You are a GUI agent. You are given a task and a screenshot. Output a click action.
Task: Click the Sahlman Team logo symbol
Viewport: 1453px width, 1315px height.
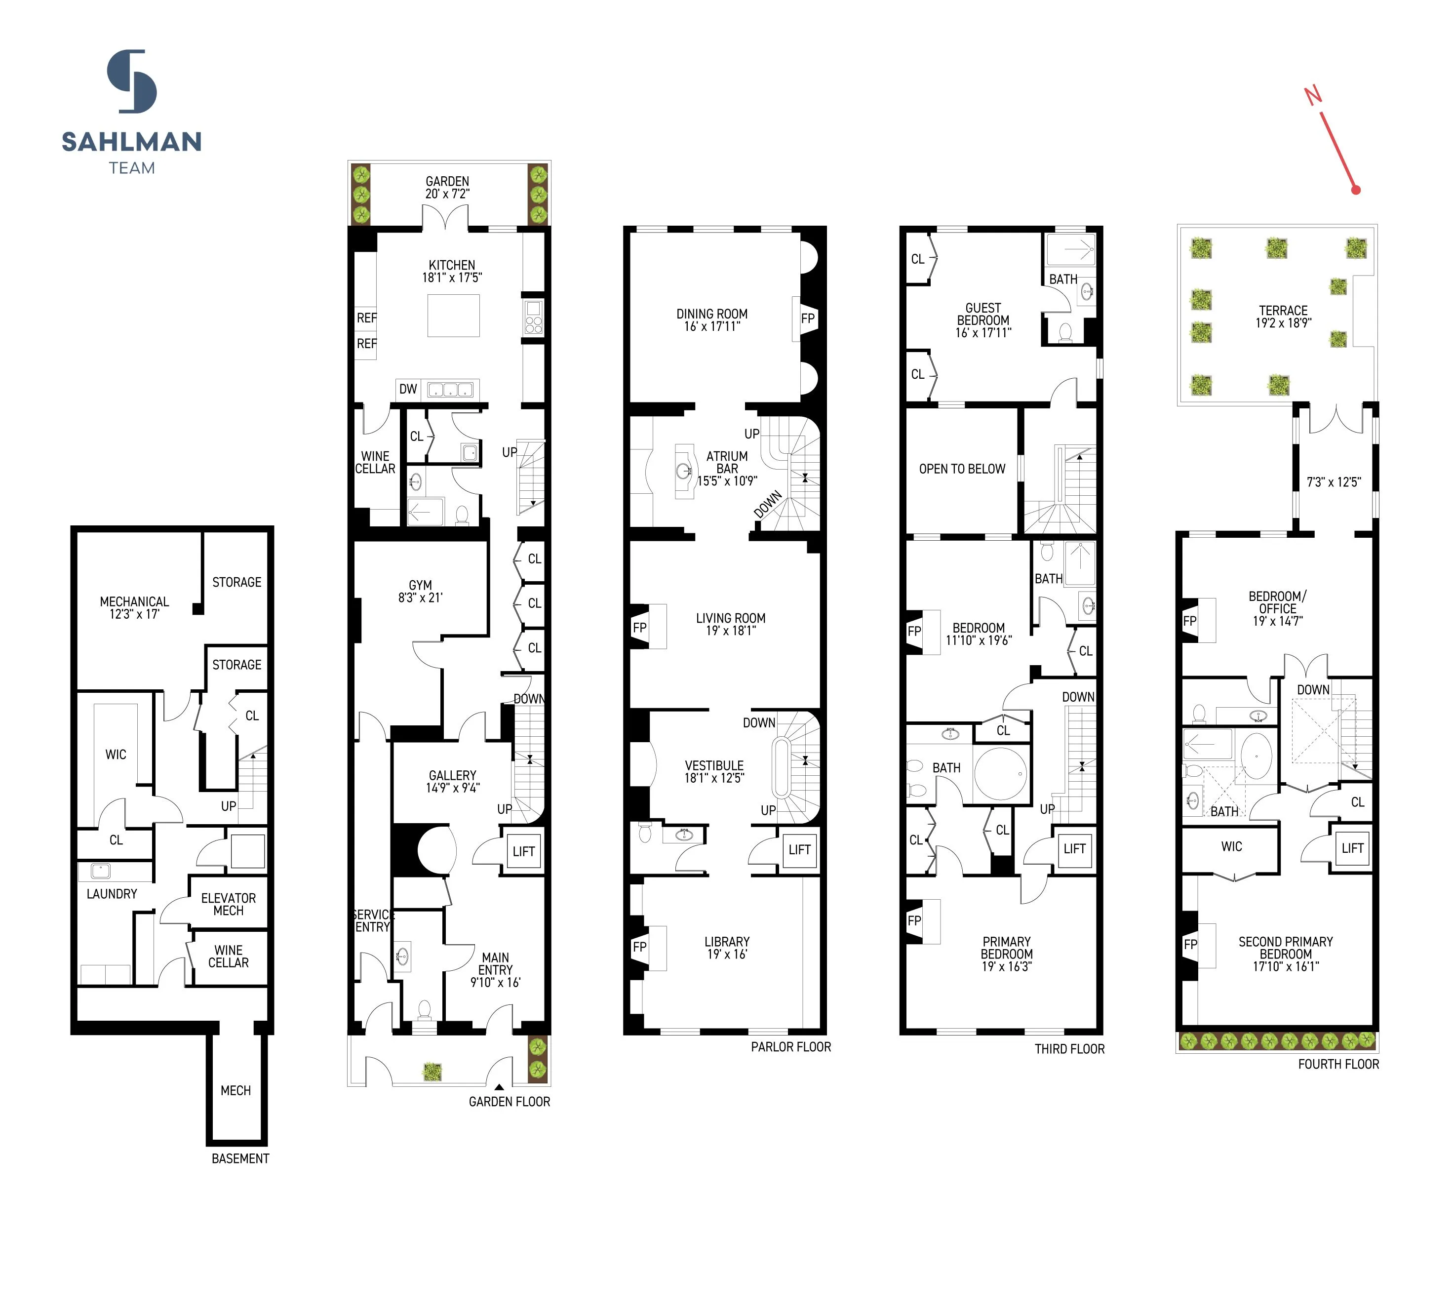click(x=132, y=81)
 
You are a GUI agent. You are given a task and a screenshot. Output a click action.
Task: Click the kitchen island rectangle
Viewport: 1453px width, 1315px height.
click(x=453, y=316)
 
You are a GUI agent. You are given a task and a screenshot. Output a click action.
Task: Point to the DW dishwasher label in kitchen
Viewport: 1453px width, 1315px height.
click(x=408, y=389)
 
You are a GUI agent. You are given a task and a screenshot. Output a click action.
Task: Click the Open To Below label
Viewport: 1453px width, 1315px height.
click(x=961, y=469)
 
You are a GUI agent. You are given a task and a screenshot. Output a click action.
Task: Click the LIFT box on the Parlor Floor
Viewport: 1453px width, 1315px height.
click(x=799, y=850)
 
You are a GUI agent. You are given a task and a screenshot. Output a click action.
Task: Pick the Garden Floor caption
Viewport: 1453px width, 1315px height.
click(x=509, y=1102)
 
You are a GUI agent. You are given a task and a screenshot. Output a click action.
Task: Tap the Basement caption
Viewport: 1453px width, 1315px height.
click(x=240, y=1158)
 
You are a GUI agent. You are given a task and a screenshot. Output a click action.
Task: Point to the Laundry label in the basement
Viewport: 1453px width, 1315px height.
click(x=112, y=894)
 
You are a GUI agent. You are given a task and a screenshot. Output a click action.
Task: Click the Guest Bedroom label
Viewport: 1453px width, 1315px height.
click(x=983, y=320)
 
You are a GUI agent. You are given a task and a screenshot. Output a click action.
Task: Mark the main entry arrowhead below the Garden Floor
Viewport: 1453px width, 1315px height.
click(x=499, y=1086)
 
